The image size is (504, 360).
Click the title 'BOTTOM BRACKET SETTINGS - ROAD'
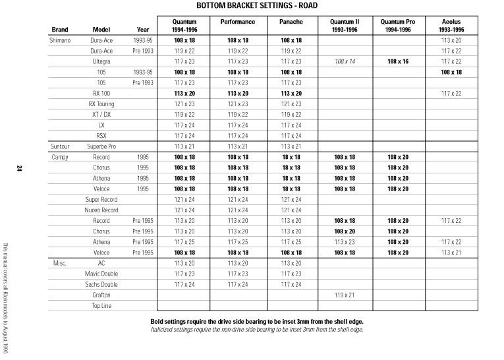[252, 5]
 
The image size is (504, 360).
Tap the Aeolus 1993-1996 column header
[451, 26]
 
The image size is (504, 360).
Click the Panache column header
[291, 22]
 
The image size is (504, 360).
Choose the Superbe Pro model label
[101, 146]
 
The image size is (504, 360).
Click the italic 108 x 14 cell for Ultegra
[345, 61]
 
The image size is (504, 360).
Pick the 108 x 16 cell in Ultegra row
[399, 61]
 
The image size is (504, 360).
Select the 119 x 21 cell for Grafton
[345, 295]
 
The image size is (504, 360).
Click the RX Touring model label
[101, 104]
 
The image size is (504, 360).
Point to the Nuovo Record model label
[101, 210]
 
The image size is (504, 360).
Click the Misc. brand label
[59, 263]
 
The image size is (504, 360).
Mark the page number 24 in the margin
[20, 169]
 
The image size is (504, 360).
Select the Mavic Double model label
[101, 274]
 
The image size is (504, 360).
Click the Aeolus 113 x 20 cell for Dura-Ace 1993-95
[451, 40]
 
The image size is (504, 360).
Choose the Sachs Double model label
[101, 284]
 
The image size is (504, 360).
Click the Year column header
[143, 30]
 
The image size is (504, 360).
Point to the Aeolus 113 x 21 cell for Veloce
[451, 253]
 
